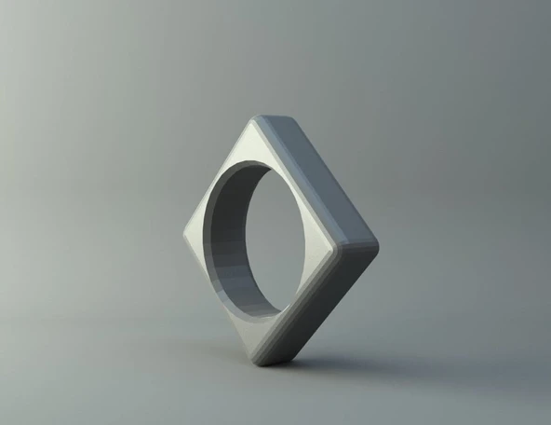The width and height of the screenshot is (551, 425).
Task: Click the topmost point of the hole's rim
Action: pos(256,161)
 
